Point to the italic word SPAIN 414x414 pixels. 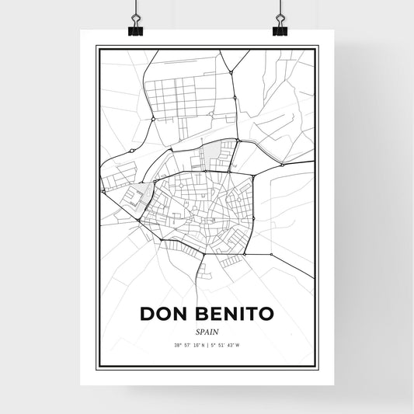207,331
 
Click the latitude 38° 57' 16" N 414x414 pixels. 187,345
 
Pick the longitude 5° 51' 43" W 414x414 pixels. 227,345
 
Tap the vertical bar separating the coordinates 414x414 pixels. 207,345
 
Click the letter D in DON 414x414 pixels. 148,314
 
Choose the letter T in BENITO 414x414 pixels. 250,314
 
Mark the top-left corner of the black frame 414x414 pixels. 96,47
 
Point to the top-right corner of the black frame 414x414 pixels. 318,47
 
